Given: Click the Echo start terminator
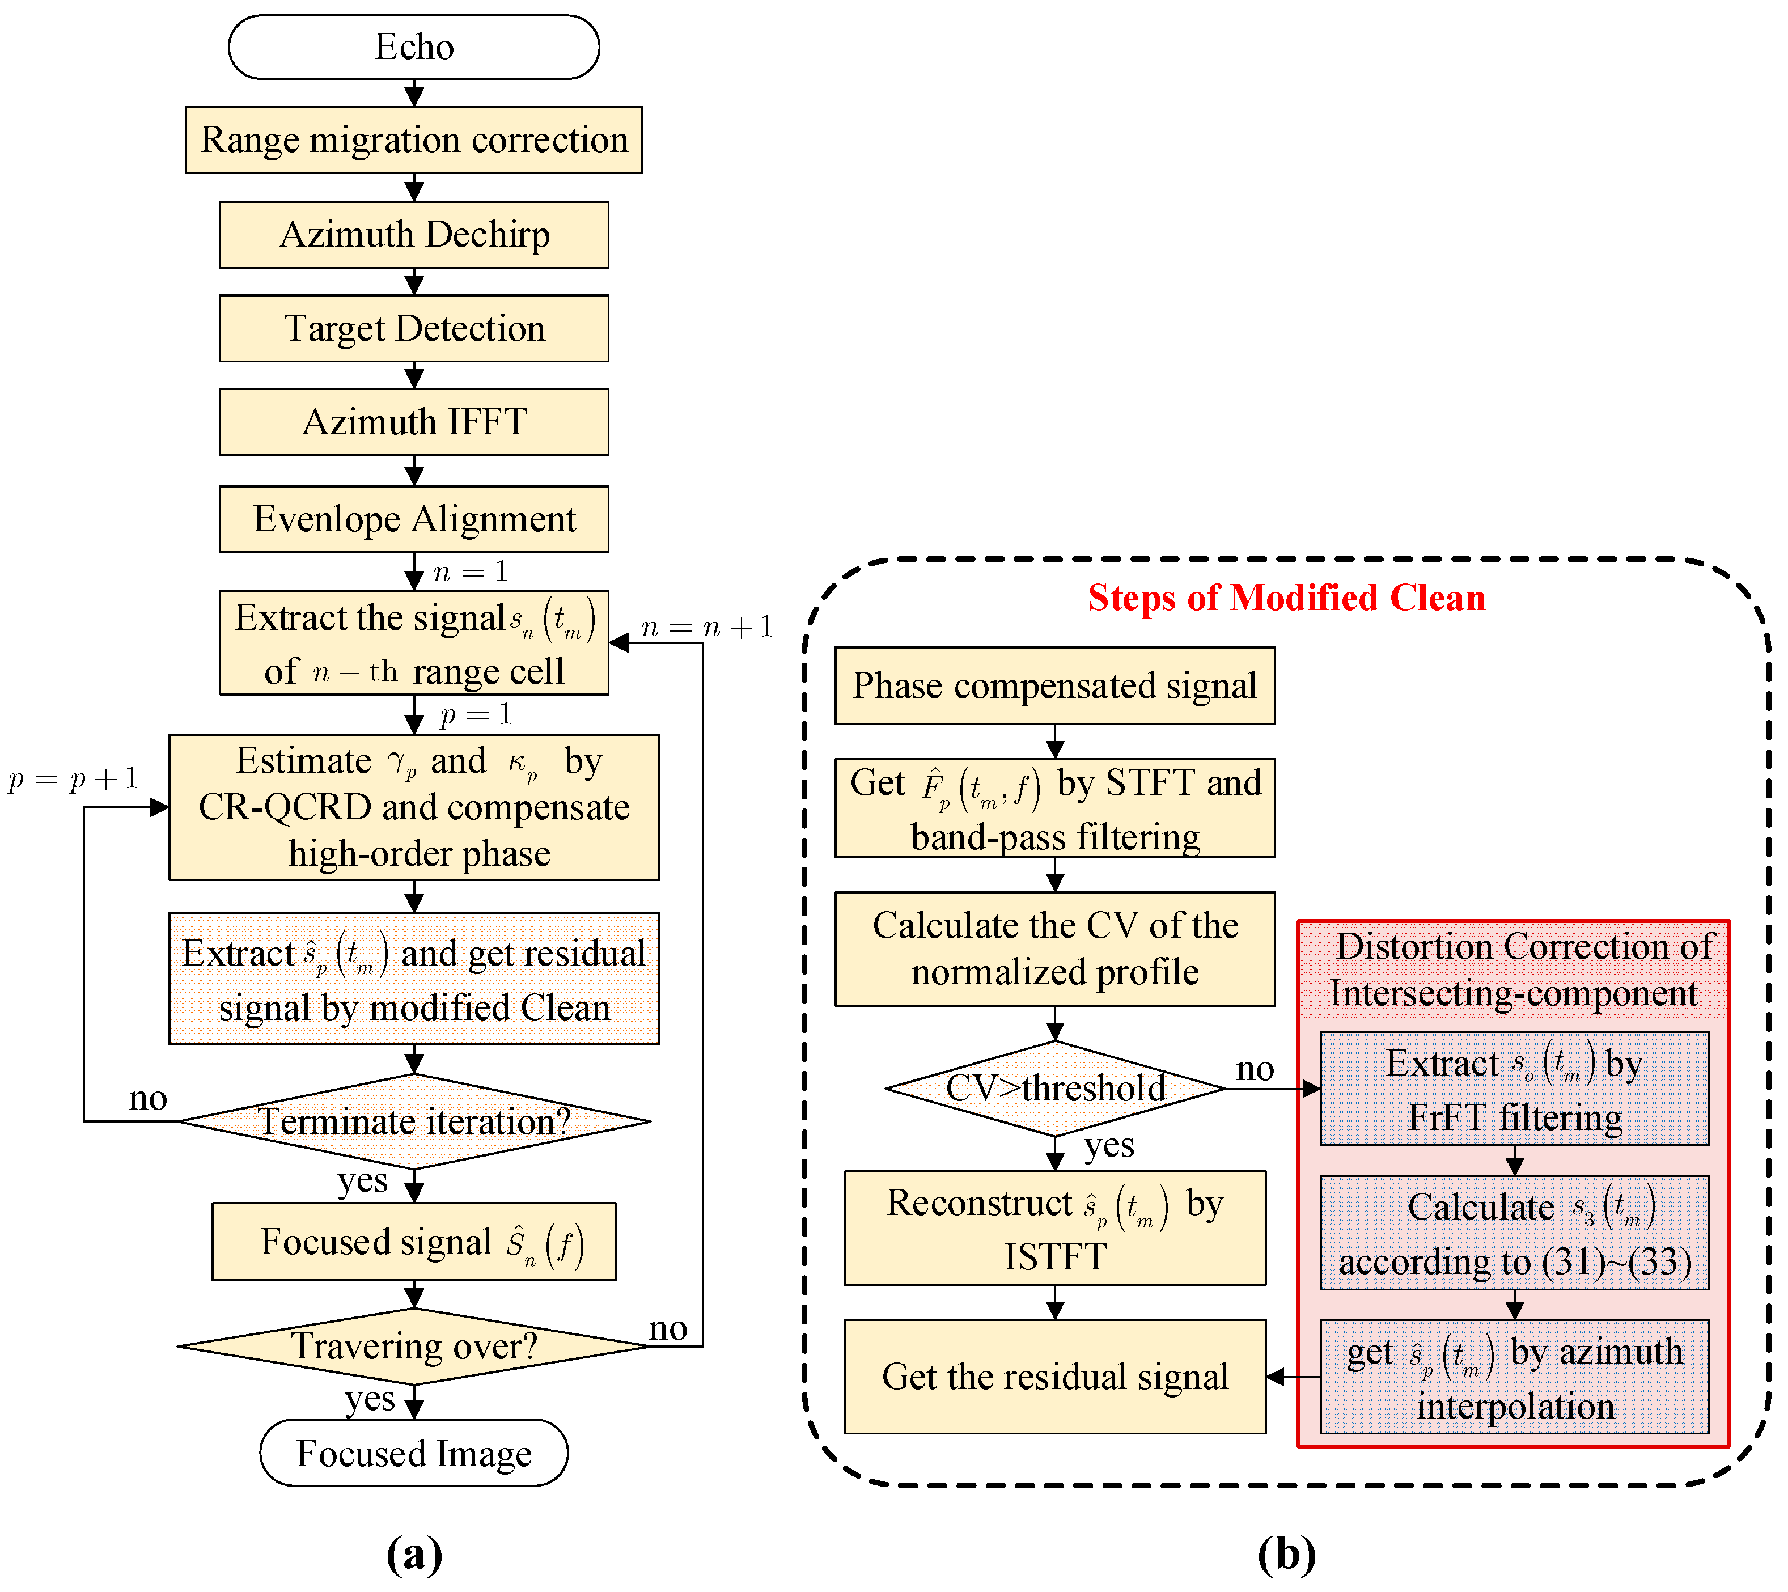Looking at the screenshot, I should [x=414, y=46].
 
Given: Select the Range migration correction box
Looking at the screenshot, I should [x=414, y=140].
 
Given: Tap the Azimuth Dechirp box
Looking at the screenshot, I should [x=414, y=234].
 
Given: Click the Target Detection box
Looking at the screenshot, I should [x=414, y=328].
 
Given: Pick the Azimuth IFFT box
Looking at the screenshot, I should [x=414, y=422].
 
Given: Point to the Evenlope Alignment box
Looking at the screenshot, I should [x=414, y=519].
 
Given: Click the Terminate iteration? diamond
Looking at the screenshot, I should [x=414, y=1120].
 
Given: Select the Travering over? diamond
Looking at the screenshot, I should [x=414, y=1345].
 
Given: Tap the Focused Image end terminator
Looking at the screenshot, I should [x=414, y=1453].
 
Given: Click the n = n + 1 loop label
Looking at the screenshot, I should [x=707, y=626].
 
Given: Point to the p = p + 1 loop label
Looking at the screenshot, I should [x=74, y=778].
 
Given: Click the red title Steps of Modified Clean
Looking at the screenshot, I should [x=1286, y=598].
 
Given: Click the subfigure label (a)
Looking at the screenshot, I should [x=414, y=1553].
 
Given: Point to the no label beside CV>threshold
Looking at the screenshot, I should [x=1255, y=1069].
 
